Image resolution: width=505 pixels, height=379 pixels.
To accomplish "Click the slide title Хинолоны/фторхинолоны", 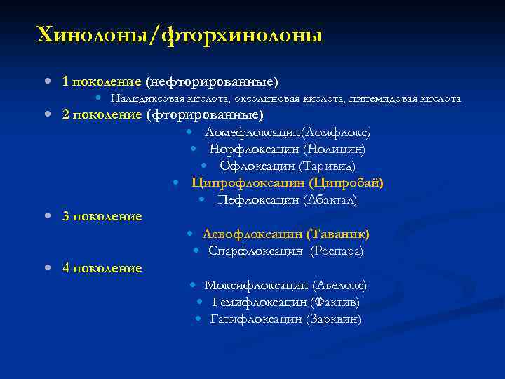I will tap(180, 34).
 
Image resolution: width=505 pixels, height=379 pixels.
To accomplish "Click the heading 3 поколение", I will tap(102, 216).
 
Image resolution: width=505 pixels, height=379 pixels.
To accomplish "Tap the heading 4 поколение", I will tap(102, 267).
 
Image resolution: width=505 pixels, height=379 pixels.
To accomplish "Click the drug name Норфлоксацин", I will tap(255, 149).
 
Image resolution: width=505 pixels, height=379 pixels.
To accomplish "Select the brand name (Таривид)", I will tap(327, 166).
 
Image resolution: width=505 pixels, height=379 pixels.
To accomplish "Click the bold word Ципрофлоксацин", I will tap(248, 182).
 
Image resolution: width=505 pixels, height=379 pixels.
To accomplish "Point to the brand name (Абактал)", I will tap(330, 200).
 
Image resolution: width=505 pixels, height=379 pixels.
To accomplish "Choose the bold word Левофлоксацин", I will tap(252, 234).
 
